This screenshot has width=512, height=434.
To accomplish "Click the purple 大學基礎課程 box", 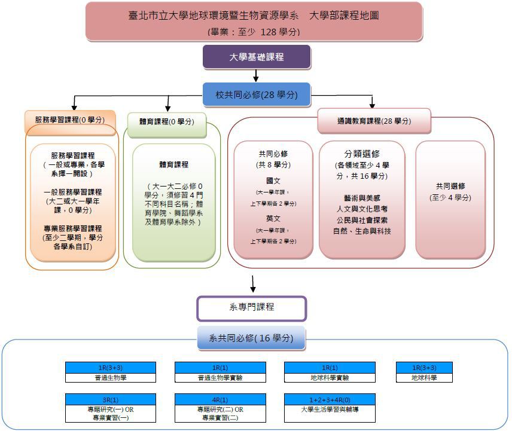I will pos(257,57).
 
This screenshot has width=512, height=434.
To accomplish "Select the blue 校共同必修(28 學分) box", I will pos(257,94).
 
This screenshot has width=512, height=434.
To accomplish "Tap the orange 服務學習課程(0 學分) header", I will pos(69,120).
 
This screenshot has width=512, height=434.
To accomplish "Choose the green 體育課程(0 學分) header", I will pos(166,121).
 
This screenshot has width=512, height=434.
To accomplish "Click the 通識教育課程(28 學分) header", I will pos(373,121).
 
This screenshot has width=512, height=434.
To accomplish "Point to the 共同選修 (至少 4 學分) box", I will pos(450,192).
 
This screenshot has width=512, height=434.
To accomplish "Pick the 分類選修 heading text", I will pos(361,154).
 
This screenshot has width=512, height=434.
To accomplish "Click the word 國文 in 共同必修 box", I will pos(273,180).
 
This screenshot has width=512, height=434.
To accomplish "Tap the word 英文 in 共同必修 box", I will pos(273,219).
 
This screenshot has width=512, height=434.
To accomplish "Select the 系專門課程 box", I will pos(251,307).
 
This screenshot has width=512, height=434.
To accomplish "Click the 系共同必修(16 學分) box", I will pos(251,338).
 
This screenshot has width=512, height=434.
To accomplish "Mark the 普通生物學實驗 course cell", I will pos(220,378).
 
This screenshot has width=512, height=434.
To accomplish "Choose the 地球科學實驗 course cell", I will pos(330,378).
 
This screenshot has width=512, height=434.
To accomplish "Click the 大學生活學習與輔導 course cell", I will pos(330,410).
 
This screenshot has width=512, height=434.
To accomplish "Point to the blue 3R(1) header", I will pos(111,399).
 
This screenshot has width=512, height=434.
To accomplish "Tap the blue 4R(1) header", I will pos(220,399).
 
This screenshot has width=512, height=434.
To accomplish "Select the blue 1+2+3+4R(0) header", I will pos(330,399).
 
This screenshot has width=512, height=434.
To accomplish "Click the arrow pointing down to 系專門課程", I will pos(253,282).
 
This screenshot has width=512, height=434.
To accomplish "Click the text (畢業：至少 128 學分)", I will pos(254,31).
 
